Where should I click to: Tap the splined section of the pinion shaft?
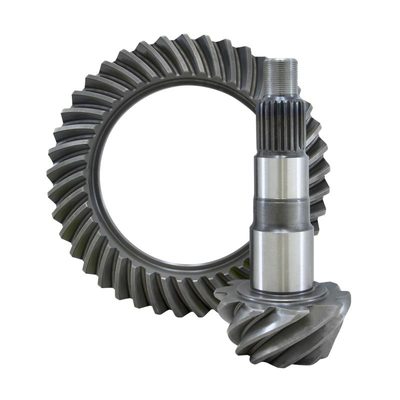tap(279, 127)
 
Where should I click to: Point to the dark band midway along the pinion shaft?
tap(279, 215)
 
